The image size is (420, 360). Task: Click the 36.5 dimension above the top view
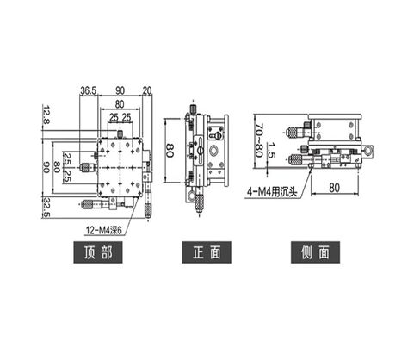click(88, 89)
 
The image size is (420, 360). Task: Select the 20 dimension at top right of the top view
click(147, 89)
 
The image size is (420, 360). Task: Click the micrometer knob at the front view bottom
click(200, 203)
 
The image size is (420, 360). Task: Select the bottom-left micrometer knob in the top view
click(90, 205)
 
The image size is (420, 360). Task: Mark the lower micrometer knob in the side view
click(298, 160)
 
